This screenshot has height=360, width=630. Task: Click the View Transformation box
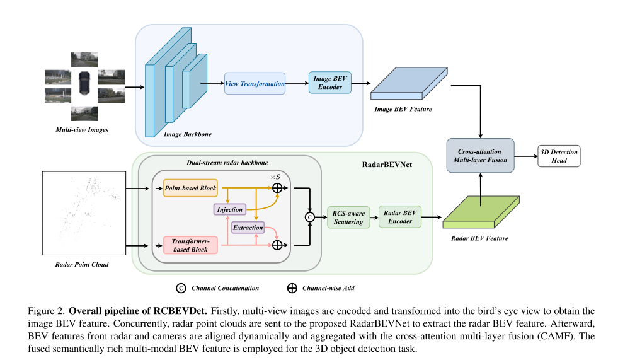tap(255, 83)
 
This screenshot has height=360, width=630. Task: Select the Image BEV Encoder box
tap(329, 83)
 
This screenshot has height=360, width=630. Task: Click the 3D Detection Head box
tap(559, 155)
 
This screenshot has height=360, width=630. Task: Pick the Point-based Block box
tap(190, 187)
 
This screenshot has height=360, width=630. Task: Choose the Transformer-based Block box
tap(190, 244)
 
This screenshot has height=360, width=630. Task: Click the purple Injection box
tap(229, 209)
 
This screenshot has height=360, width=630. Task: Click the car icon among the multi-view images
tap(84, 84)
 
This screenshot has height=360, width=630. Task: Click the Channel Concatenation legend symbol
tap(181, 287)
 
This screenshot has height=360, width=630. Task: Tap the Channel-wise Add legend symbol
tap(292, 287)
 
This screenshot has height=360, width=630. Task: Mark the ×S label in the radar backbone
tap(275, 177)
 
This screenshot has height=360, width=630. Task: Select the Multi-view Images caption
tap(82, 130)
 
